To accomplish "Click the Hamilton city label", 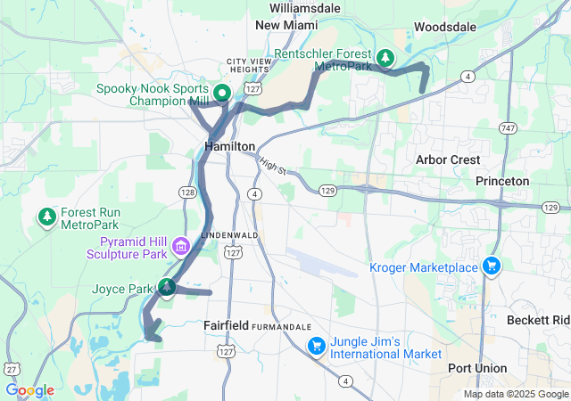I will pyautogui.click(x=229, y=146).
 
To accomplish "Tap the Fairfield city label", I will pyautogui.click(x=226, y=325).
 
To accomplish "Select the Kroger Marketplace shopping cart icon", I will pyautogui.click(x=491, y=266).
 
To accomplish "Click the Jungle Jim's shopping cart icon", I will pyautogui.click(x=316, y=346).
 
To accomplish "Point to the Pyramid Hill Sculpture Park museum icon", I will pyautogui.click(x=180, y=245).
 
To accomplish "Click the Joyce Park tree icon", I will pyautogui.click(x=166, y=287).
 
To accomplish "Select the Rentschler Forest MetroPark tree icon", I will pyautogui.click(x=385, y=59).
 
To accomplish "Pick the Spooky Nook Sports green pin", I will pyautogui.click(x=220, y=91).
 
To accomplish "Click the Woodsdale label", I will pyautogui.click(x=444, y=28).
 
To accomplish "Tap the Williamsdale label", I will pyautogui.click(x=304, y=7).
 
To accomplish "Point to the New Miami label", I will pyautogui.click(x=286, y=26).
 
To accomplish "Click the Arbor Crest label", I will pyautogui.click(x=449, y=160).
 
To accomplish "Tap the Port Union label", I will pyautogui.click(x=477, y=368).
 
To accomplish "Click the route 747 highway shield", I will pyautogui.click(x=507, y=127).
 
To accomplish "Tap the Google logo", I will pyautogui.click(x=29, y=390).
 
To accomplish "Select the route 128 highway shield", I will pyautogui.click(x=186, y=192).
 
